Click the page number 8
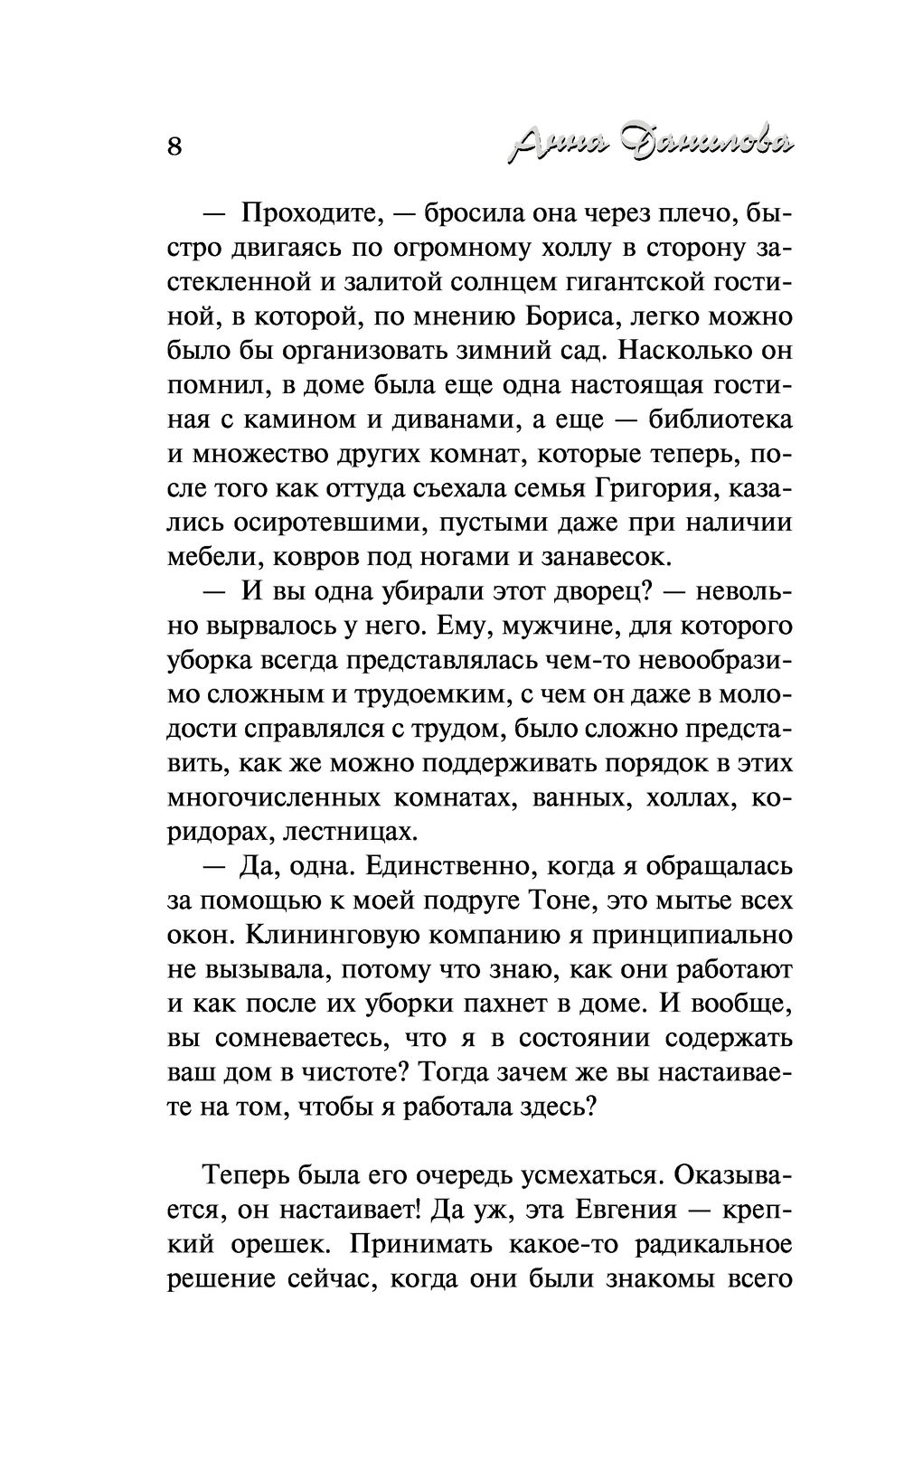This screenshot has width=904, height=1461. tap(175, 146)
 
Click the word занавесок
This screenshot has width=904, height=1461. tap(597, 557)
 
